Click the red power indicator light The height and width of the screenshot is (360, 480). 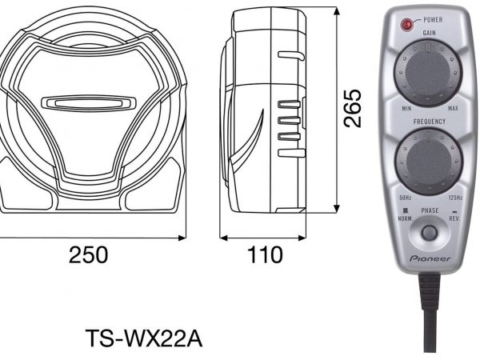[406, 25]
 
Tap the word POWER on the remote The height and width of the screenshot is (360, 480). [433, 20]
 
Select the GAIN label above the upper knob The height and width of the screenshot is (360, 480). [429, 33]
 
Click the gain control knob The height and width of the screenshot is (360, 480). [428, 73]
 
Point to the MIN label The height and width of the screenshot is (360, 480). [406, 109]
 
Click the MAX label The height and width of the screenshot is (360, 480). [453, 108]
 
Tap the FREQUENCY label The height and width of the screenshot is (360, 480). [430, 122]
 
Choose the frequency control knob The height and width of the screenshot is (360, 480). [429, 162]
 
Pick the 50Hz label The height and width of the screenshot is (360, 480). [405, 198]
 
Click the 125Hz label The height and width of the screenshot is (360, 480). [455, 198]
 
